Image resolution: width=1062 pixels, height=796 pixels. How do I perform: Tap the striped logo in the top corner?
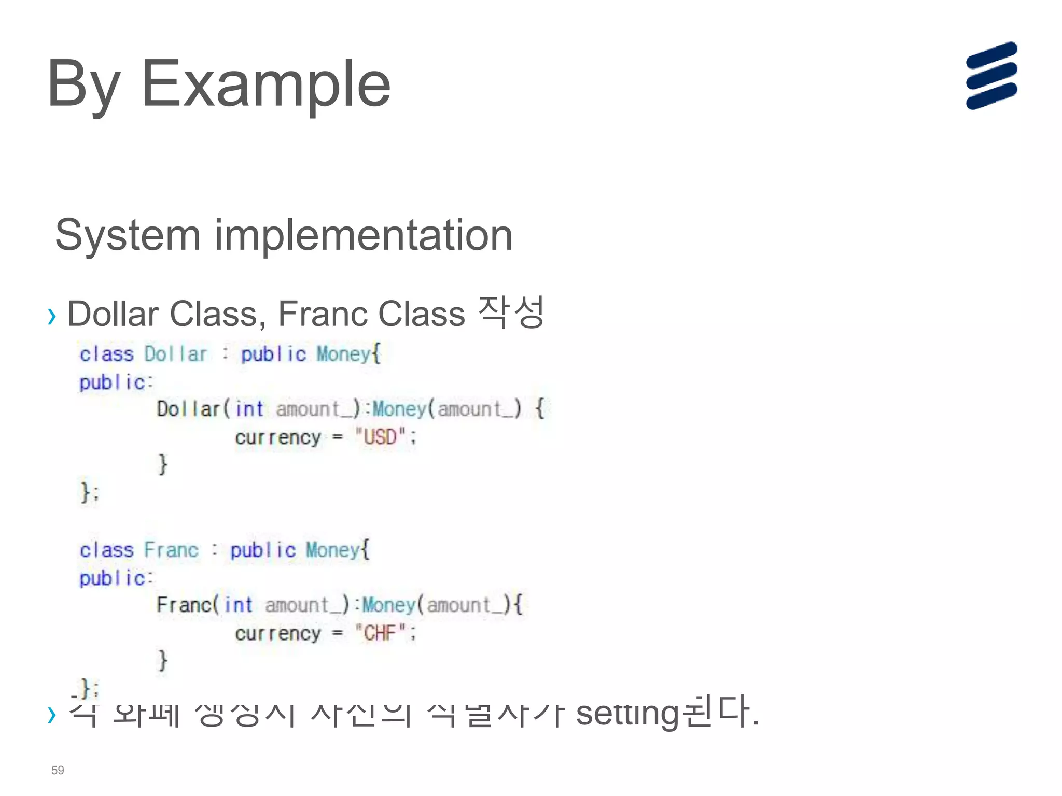(991, 76)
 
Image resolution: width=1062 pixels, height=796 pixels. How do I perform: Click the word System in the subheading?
(128, 235)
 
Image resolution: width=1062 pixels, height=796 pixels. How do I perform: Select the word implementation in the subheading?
(364, 235)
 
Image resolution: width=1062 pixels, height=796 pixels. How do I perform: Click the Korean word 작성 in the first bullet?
(510, 312)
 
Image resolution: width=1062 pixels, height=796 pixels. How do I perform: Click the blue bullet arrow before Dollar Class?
(51, 316)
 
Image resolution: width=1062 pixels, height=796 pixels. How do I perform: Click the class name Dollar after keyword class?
(175, 354)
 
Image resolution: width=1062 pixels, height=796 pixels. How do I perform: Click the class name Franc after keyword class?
(171, 550)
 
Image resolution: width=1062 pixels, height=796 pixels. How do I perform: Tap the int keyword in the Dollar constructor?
(249, 409)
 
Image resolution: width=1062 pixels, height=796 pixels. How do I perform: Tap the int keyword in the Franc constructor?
(239, 605)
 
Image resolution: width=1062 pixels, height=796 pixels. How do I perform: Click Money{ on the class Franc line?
(338, 550)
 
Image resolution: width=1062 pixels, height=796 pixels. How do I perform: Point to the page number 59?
(58, 770)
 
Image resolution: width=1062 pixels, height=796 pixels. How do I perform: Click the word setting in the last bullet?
(627, 714)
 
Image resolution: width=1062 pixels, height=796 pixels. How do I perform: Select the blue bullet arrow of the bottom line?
(51, 715)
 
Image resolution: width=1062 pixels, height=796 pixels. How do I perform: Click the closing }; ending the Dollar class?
(89, 491)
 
